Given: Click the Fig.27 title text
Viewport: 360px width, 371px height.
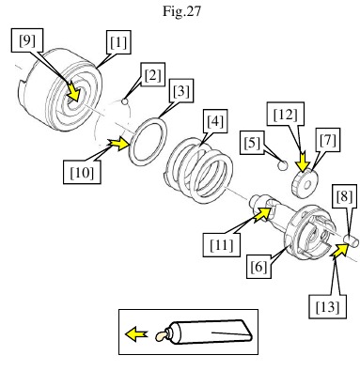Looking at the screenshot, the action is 181,11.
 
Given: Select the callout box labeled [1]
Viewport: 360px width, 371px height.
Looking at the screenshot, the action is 118,42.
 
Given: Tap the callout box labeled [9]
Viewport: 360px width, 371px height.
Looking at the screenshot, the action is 27,39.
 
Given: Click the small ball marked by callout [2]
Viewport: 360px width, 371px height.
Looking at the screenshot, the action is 125,101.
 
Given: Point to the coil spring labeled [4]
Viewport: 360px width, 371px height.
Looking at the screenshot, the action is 198,170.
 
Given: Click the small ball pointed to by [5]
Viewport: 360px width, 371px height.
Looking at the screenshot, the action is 283,165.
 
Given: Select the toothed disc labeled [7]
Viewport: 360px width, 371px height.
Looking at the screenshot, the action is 305,183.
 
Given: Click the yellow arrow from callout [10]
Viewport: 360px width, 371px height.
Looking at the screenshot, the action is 118,144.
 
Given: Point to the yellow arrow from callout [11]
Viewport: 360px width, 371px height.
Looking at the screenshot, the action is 262,213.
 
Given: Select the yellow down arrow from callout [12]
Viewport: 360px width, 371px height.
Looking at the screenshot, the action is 303,162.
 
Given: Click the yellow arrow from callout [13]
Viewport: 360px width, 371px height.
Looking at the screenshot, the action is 340,250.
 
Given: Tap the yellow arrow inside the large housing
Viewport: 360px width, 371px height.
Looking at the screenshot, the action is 73,93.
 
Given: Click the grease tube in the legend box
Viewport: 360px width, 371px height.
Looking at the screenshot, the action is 204,332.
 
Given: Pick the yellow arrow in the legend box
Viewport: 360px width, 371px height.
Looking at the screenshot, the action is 136,333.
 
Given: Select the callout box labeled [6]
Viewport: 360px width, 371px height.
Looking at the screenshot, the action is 258,267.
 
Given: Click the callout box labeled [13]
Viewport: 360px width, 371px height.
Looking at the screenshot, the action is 327,306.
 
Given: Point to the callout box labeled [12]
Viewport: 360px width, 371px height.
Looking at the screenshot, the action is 286,115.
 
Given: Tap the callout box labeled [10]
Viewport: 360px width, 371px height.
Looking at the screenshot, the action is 82,172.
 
